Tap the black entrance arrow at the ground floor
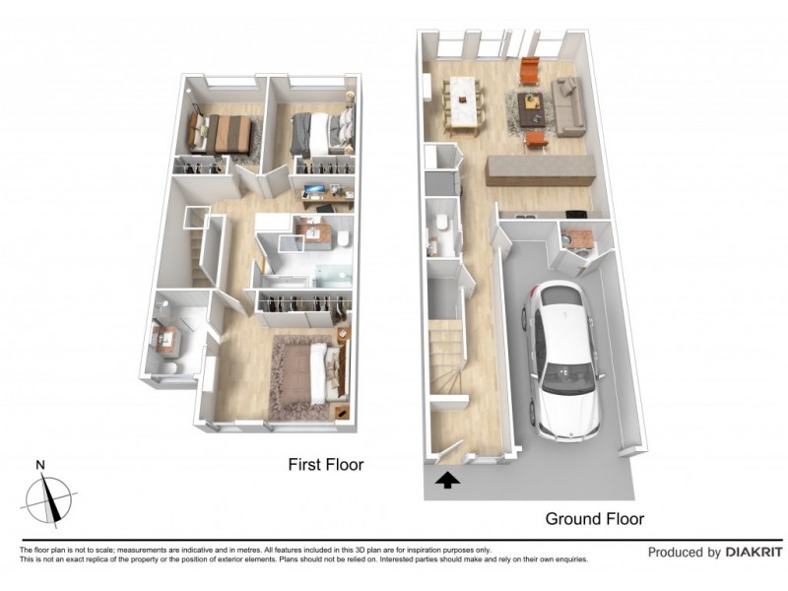[447, 481]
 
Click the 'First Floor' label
[326, 464]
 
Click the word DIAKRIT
[755, 553]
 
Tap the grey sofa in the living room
[567, 106]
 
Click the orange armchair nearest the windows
[530, 71]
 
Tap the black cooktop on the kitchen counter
[521, 215]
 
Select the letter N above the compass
[39, 465]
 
